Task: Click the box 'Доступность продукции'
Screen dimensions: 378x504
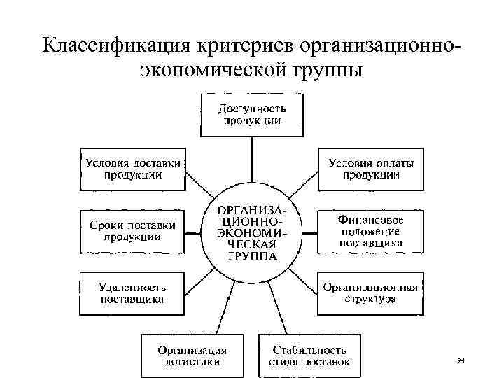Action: coord(252,115)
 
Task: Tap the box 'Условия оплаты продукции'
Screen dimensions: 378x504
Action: coord(371,169)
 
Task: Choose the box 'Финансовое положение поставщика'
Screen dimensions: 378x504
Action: coord(371,231)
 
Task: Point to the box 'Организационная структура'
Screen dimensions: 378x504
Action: coord(371,294)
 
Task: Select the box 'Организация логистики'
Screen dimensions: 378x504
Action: coord(193,356)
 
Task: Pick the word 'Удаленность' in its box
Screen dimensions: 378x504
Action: coord(133,288)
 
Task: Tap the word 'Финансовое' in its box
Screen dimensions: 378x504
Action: coord(371,220)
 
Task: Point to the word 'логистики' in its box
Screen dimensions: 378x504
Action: coord(193,362)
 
